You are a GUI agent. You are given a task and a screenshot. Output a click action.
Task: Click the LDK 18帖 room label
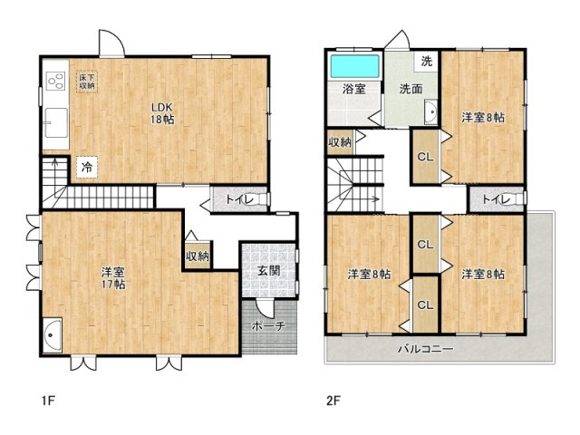click(x=162, y=113)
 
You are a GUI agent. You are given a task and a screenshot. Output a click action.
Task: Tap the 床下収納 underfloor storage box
click(x=87, y=82)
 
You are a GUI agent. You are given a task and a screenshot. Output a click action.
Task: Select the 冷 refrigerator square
click(x=87, y=167)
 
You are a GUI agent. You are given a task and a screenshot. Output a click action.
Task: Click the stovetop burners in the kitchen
click(x=56, y=81)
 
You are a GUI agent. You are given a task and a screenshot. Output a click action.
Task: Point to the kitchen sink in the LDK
click(x=56, y=122)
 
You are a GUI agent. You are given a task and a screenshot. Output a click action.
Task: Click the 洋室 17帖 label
click(x=113, y=278)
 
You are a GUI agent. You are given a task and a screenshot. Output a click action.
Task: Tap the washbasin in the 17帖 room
click(x=53, y=334)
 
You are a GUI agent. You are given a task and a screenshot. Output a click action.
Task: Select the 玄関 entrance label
click(x=269, y=271)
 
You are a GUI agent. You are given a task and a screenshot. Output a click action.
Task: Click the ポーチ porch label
click(x=269, y=326)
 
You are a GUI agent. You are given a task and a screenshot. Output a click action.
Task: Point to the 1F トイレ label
click(x=239, y=199)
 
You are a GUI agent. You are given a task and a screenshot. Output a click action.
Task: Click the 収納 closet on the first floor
click(x=198, y=256)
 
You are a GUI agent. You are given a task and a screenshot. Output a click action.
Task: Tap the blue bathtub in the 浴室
click(x=354, y=66)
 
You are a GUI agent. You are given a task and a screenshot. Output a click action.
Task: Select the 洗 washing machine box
click(x=427, y=62)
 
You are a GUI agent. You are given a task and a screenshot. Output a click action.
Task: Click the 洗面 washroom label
click(x=411, y=89)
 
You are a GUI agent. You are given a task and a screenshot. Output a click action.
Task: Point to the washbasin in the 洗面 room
click(x=431, y=111)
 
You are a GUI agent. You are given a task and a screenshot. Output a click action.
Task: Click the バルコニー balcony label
click(x=425, y=349)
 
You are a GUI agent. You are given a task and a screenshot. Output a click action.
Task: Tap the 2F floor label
click(x=333, y=401)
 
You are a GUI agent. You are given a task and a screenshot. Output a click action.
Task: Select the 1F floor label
click(x=48, y=401)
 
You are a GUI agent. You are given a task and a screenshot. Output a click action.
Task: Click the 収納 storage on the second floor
click(x=340, y=141)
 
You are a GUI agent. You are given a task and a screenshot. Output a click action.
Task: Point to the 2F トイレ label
click(x=496, y=199)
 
